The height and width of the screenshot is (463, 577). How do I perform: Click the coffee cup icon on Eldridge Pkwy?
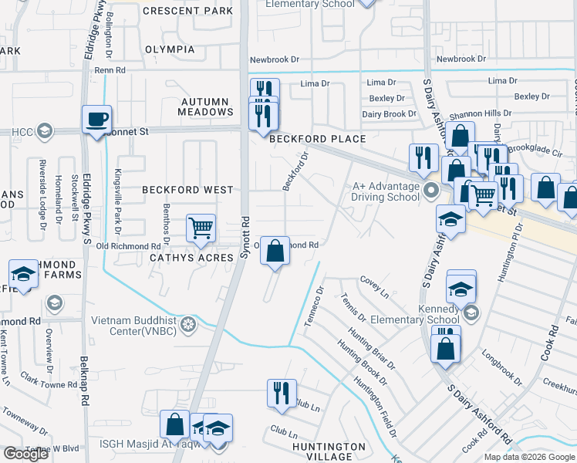point(97,120)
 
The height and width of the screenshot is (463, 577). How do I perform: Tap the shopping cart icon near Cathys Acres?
point(201,228)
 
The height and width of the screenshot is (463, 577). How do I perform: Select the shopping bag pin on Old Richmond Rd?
point(275,251)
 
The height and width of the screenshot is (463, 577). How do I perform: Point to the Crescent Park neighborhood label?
point(187,12)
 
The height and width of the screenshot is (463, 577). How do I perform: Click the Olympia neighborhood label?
point(170,49)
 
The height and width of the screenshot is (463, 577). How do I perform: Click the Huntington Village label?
point(329,451)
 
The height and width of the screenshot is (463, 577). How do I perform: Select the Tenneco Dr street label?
point(313,306)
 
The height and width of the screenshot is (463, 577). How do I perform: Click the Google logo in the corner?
point(25,454)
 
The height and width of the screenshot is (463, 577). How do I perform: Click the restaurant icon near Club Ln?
point(282,393)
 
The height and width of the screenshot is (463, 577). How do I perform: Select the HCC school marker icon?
point(45,131)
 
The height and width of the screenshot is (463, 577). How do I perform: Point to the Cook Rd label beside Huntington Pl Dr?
point(553,344)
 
